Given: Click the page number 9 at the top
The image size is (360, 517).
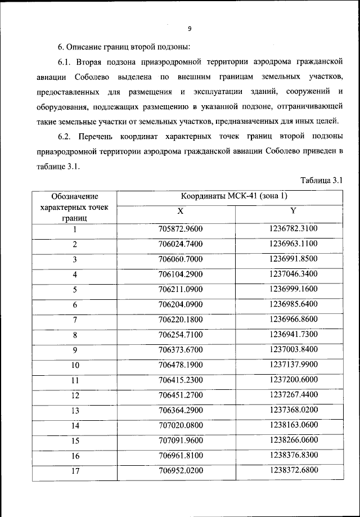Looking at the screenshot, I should [x=190, y=29].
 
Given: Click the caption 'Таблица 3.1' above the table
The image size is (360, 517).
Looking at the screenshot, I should [x=321, y=180].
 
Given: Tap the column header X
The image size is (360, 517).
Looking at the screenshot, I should [x=180, y=211].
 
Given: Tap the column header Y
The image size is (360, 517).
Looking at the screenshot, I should [x=293, y=211].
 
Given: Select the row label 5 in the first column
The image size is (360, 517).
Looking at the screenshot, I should [x=74, y=290].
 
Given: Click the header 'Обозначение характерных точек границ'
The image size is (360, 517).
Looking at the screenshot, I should [x=74, y=206].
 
